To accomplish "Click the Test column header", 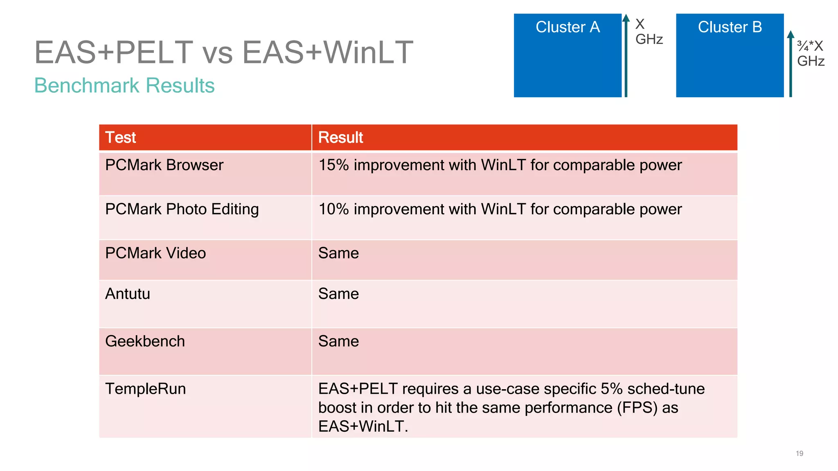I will click(120, 138).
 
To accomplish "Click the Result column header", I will click(340, 138).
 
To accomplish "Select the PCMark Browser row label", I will click(164, 165).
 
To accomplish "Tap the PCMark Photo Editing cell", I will click(182, 209).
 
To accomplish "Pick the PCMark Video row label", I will click(155, 253).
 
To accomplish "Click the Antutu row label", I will click(128, 294).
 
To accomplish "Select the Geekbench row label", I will click(145, 341).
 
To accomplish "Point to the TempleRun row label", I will click(145, 389).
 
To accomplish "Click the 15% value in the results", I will click(333, 165).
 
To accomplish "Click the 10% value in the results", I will click(333, 209).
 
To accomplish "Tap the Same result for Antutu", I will click(338, 294).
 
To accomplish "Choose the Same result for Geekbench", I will click(338, 341).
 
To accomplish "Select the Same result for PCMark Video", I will click(338, 253).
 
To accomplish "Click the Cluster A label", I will click(568, 27).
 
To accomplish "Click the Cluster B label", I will click(730, 27).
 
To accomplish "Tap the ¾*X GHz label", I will click(810, 54).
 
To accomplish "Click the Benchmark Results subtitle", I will click(124, 85).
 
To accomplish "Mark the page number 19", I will click(799, 453).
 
